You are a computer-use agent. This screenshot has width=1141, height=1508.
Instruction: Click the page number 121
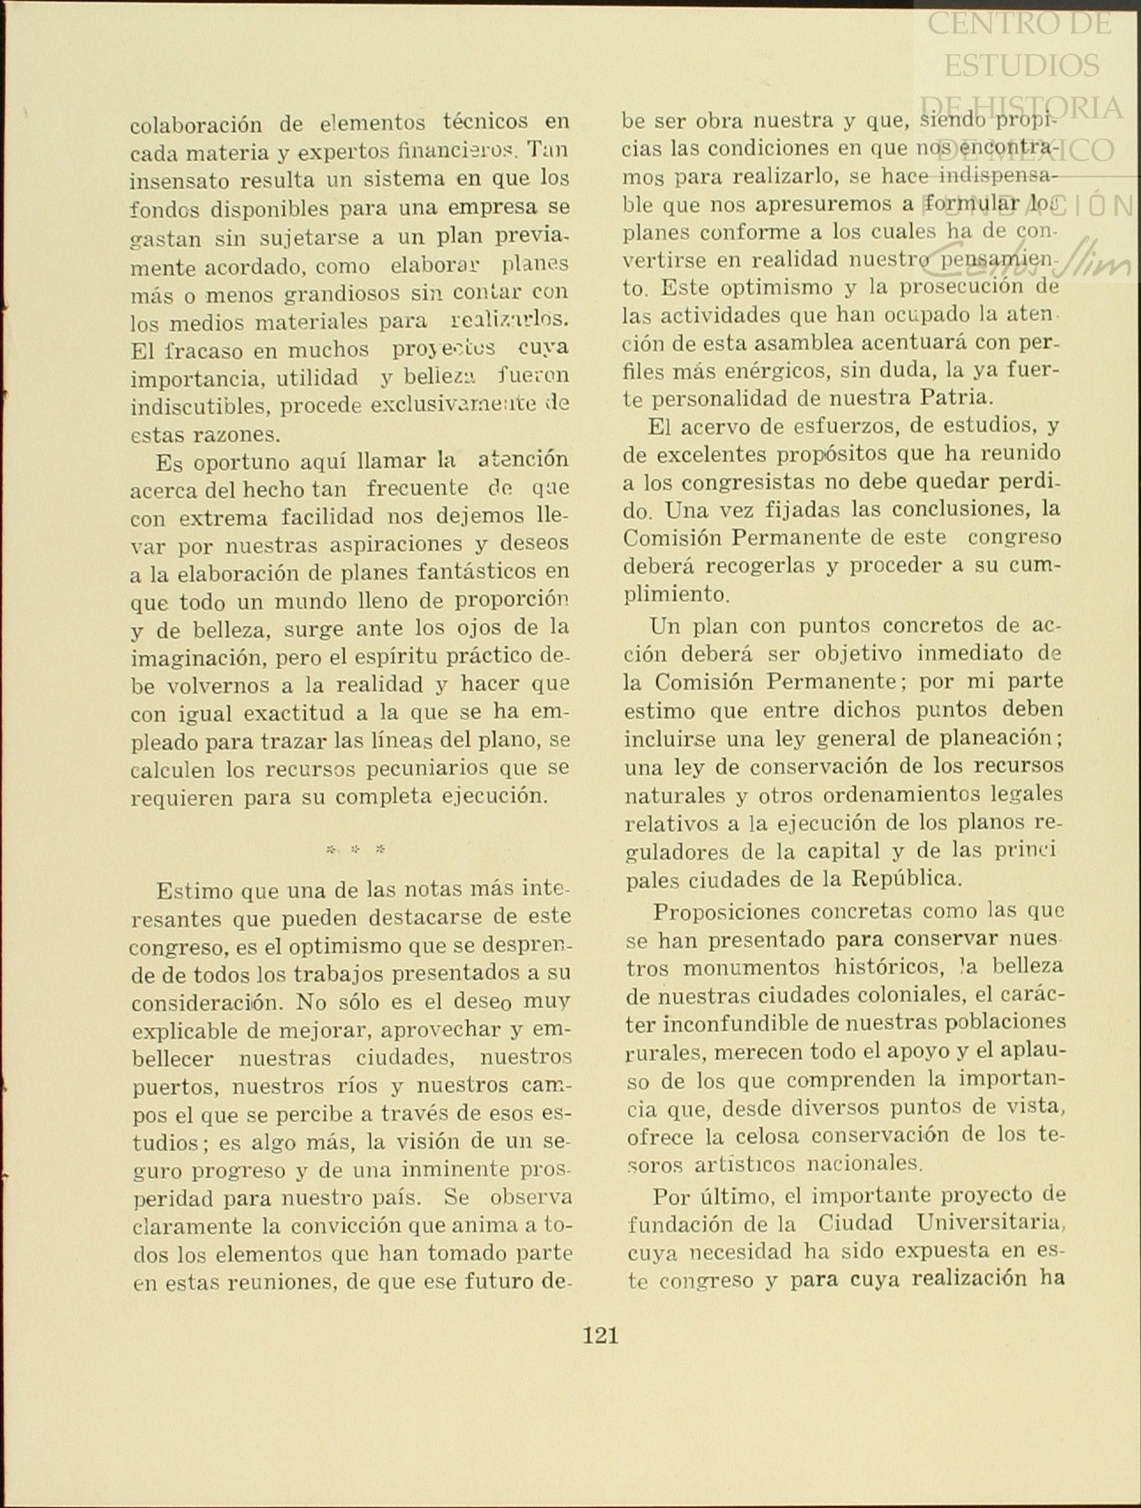coord(601,1335)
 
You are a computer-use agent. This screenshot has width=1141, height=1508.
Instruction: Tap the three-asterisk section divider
coord(356,850)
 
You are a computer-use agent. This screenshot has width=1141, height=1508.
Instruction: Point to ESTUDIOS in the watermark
coord(1022,65)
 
